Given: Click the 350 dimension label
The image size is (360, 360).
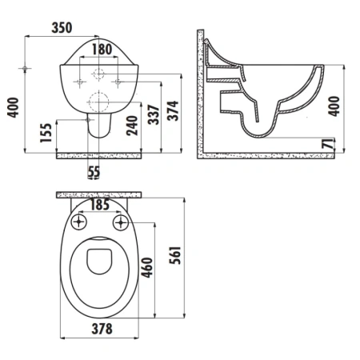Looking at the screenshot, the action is click(x=62, y=28).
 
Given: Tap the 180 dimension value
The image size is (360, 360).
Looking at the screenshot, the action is click(x=102, y=50).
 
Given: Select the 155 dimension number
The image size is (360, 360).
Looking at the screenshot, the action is click(x=46, y=133).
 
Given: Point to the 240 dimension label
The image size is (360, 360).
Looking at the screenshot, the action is click(x=132, y=126).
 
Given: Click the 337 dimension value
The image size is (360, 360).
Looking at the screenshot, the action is click(x=154, y=114).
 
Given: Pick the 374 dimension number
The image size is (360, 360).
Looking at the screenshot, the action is click(x=173, y=110).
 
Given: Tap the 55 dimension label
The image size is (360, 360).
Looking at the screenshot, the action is click(x=94, y=171).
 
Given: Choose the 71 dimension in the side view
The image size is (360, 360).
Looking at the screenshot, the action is click(x=329, y=144).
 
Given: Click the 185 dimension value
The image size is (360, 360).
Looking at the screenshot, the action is click(x=100, y=205).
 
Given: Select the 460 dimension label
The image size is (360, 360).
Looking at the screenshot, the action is click(x=147, y=267).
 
